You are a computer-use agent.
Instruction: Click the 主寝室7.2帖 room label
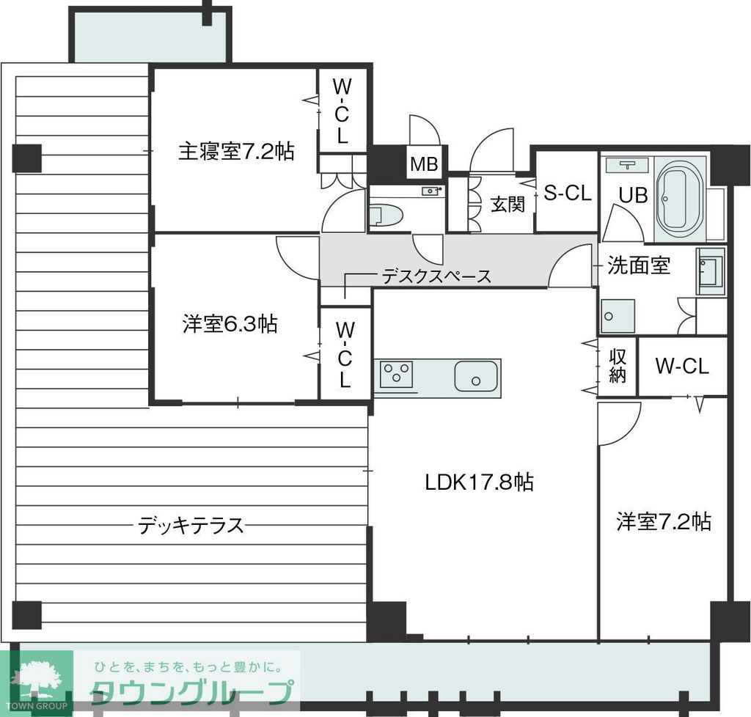click(x=236, y=152)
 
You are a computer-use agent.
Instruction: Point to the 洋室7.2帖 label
click(x=663, y=521)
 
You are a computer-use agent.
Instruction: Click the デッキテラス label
click(x=191, y=525)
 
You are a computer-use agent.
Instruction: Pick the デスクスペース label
click(x=436, y=276)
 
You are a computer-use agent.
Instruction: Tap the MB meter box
click(x=424, y=165)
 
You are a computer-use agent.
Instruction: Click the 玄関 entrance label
click(x=508, y=204)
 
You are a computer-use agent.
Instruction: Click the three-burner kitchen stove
click(x=397, y=375)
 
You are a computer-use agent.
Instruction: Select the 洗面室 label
click(x=639, y=265)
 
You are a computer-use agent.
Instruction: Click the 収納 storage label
click(x=618, y=366)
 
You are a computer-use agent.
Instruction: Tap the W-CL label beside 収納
click(x=682, y=367)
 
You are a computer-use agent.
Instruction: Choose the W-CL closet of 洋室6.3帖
click(x=345, y=355)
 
